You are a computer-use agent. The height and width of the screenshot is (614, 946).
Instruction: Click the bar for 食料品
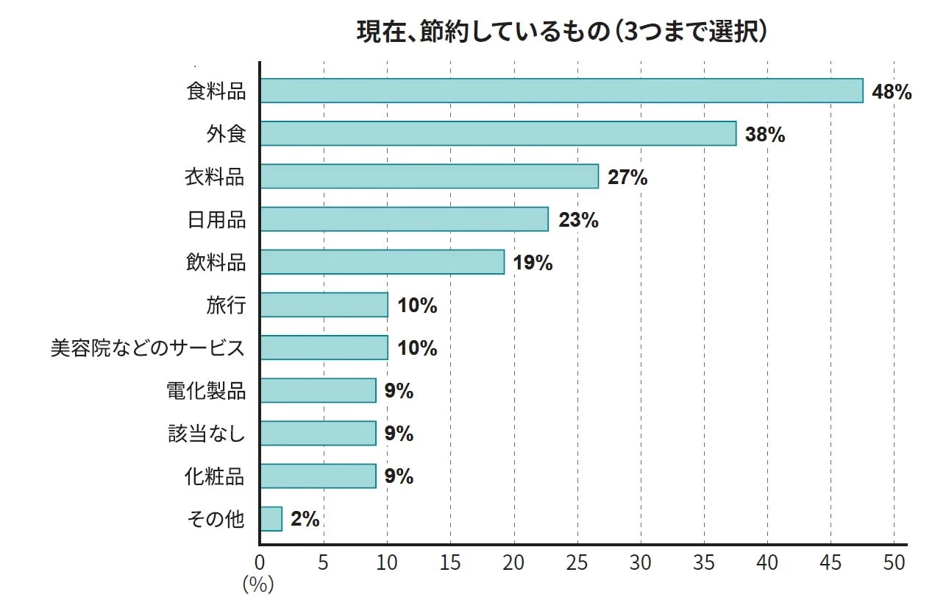pyautogui.click(x=561, y=91)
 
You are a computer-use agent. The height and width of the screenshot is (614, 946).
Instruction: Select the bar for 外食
pyautogui.click(x=498, y=133)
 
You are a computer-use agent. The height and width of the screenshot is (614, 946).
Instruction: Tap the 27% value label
pyautogui.click(x=627, y=177)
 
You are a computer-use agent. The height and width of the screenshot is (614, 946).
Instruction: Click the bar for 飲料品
pyautogui.click(x=383, y=262)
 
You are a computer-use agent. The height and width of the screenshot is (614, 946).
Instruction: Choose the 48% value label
pyautogui.click(x=891, y=92)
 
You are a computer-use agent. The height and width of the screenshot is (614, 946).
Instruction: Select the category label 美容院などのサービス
pyautogui.click(x=147, y=347)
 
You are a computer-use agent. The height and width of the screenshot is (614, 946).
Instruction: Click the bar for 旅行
pyautogui.click(x=324, y=305)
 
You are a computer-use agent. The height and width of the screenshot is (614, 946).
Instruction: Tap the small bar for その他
pyautogui.click(x=271, y=519)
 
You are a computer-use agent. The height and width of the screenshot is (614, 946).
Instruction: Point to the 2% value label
pyautogui.click(x=305, y=519)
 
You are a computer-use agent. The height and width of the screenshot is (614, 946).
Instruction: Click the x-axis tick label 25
pyautogui.click(x=577, y=563)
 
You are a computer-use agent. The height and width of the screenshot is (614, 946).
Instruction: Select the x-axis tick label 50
pyautogui.click(x=894, y=563)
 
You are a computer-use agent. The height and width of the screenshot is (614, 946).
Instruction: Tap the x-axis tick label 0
pyautogui.click(x=260, y=563)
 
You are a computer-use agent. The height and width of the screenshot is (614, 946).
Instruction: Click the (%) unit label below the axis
pyautogui.click(x=258, y=585)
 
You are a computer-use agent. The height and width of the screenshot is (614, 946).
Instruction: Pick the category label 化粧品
pyautogui.click(x=215, y=476)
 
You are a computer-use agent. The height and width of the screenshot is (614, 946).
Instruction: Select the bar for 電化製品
pyautogui.click(x=319, y=390)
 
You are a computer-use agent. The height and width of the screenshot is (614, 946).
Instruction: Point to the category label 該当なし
pyautogui.click(x=207, y=434)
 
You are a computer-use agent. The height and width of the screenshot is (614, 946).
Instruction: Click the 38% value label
pyautogui.click(x=764, y=135)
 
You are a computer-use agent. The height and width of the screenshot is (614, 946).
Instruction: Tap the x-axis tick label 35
pyautogui.click(x=704, y=563)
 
